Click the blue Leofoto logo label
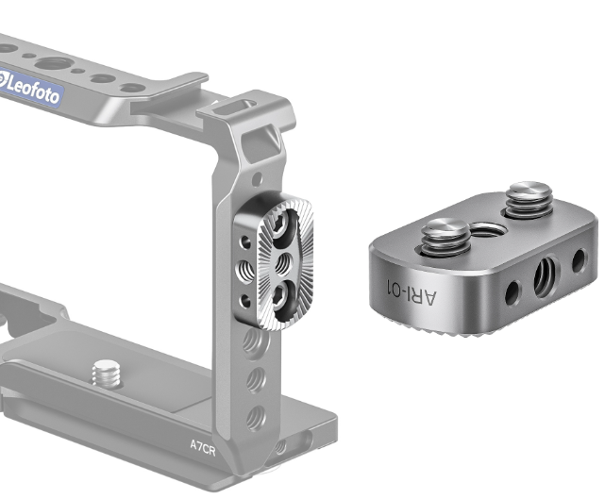30,87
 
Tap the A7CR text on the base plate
203,447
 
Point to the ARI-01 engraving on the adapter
412,292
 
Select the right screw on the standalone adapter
529,199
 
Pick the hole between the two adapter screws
488,230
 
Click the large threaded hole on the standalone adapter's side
545,276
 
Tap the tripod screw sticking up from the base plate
106,373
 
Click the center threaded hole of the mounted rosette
283,264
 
